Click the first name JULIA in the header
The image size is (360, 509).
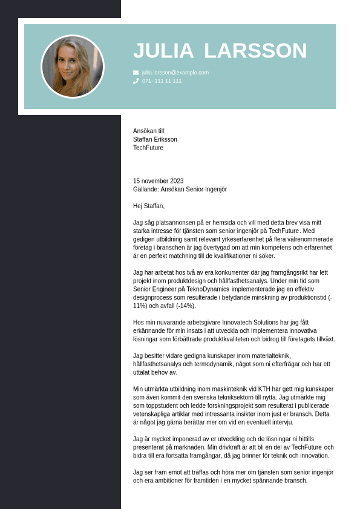[x=163, y=51]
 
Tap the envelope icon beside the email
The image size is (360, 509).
[x=136, y=73]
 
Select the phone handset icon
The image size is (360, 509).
[x=136, y=80]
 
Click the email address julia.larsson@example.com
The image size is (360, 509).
[x=175, y=73]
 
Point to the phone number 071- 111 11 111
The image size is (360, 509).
[x=162, y=81]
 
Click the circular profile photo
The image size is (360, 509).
[x=73, y=67]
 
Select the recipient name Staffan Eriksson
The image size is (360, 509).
[x=155, y=139]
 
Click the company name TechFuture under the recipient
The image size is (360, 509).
[x=148, y=148]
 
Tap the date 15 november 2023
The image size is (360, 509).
[x=158, y=181]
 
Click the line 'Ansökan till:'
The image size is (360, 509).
[x=149, y=131]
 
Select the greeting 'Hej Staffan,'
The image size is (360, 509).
[x=149, y=206]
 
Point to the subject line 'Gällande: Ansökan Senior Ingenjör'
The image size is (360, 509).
[x=180, y=189]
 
